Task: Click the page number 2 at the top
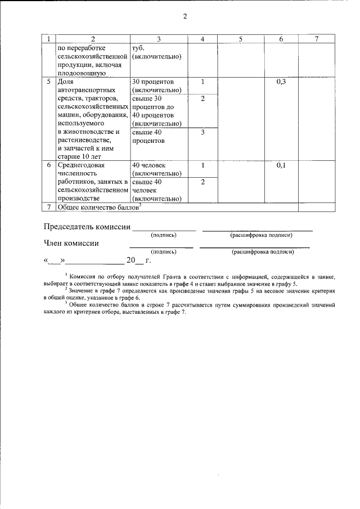click(184, 16)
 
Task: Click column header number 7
click(317, 39)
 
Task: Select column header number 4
click(202, 39)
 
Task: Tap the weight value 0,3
click(282, 82)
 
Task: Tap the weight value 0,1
click(282, 165)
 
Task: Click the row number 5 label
click(49, 82)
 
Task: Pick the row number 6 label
click(49, 165)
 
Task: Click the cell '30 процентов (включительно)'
click(156, 86)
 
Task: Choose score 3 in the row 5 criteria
click(202, 132)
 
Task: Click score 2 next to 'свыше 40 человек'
click(202, 182)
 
